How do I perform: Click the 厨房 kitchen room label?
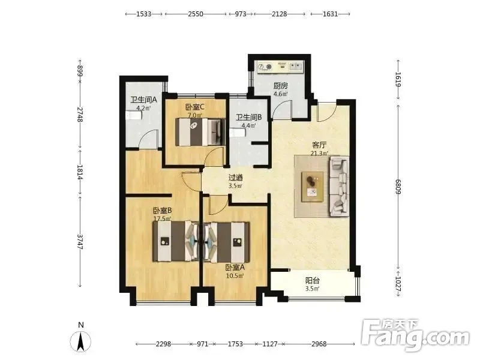[281, 86]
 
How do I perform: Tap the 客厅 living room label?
[319, 145]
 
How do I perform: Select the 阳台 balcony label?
[313, 280]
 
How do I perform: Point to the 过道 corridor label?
[236, 178]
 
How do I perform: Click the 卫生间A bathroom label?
[143, 100]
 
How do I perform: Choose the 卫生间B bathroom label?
[248, 117]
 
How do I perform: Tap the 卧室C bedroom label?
[195, 107]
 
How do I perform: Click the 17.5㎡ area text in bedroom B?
[162, 218]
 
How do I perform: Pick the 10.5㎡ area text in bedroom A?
[235, 276]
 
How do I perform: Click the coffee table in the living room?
[313, 187]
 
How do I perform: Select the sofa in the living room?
[339, 186]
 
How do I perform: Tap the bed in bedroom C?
[200, 132]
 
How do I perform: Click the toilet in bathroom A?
[134, 116]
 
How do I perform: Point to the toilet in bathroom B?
[238, 133]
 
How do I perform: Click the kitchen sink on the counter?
[296, 67]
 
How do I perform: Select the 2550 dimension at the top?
[196, 14]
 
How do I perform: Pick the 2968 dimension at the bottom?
[319, 344]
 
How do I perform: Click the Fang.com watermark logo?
[415, 335]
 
